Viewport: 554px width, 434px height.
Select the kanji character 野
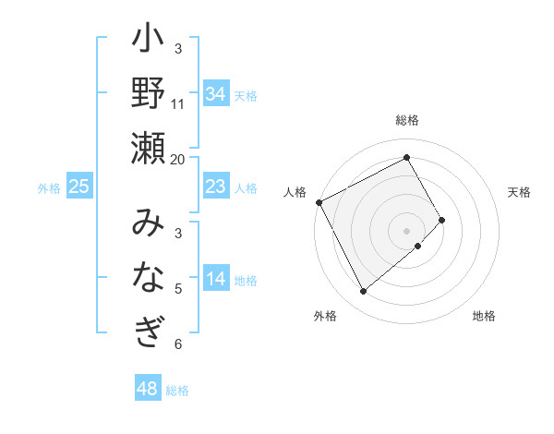pyautogui.click(x=148, y=95)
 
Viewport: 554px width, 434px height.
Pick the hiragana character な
pyautogui.click(x=148, y=277)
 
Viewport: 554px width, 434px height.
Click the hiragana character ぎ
pyautogui.click(x=148, y=330)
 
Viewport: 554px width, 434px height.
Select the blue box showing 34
pyautogui.click(x=215, y=94)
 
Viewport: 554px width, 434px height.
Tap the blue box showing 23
pyautogui.click(x=215, y=187)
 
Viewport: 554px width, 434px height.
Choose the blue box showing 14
pyautogui.click(x=215, y=280)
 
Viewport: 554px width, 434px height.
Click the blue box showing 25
pyautogui.click(x=78, y=187)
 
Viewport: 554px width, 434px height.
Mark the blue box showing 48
pyautogui.click(x=148, y=389)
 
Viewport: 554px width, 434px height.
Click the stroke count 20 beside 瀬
pyautogui.click(x=178, y=159)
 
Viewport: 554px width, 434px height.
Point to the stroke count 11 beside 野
pyautogui.click(x=178, y=103)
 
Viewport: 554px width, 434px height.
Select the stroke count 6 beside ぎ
pyautogui.click(x=178, y=344)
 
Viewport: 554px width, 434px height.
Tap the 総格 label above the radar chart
pyautogui.click(x=407, y=120)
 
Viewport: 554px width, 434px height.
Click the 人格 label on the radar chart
pyautogui.click(x=295, y=192)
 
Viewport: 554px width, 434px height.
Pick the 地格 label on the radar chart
pyautogui.click(x=484, y=316)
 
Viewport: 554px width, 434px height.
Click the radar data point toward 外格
pyautogui.click(x=363, y=292)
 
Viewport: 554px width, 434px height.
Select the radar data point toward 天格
pyautogui.click(x=441, y=220)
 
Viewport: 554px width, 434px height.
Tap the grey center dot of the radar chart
pyautogui.click(x=407, y=230)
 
